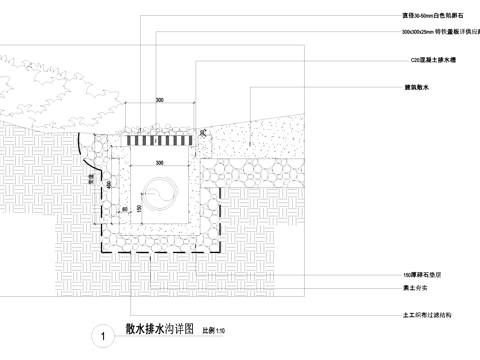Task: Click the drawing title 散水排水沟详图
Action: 161,327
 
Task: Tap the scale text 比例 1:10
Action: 215,329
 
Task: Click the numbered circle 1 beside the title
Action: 105,336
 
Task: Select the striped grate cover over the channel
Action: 160,142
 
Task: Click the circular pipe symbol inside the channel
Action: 160,189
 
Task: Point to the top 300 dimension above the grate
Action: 160,101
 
